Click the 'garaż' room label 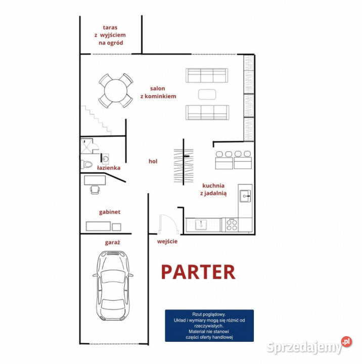112,243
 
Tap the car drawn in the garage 113,286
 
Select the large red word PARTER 198,272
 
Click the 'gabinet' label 110,212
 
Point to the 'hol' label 153,161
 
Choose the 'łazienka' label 109,168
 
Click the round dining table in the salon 116,90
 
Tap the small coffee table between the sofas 207,95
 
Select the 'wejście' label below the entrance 167,242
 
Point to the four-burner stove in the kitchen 232,224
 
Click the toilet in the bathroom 86,164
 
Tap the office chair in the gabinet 95,190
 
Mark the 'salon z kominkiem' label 158,92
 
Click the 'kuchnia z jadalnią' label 213,190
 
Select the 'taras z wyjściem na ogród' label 110,35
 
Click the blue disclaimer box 209,326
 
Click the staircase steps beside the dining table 96,120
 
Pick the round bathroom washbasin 106,159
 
